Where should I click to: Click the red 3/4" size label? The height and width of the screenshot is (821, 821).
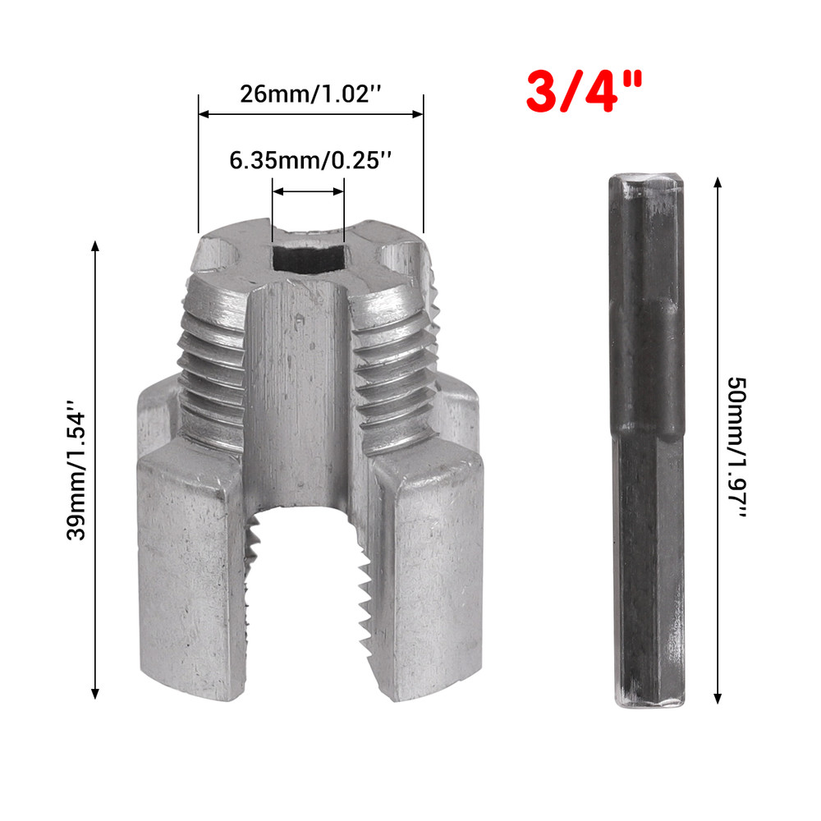[585, 91]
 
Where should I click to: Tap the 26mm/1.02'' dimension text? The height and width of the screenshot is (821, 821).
[310, 92]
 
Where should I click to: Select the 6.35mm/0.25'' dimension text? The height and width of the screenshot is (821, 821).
[309, 161]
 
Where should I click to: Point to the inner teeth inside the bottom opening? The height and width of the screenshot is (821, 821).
[361, 591]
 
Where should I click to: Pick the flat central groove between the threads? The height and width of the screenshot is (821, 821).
[300, 386]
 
